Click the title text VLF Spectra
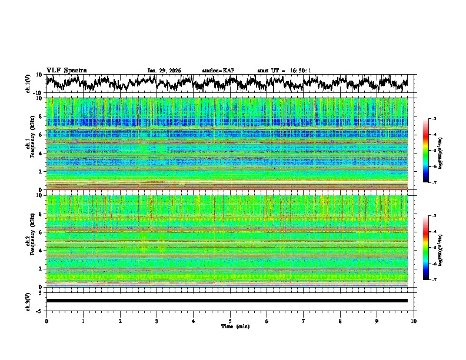point(66,70)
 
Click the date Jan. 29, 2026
point(164,71)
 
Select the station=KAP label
point(218,71)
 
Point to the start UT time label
point(284,71)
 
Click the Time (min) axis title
point(235,326)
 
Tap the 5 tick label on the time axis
point(230,321)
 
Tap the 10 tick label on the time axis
point(414,321)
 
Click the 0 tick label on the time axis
point(46,321)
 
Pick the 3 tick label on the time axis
point(157,321)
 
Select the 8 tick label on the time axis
point(340,321)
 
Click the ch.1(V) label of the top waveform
point(28,84)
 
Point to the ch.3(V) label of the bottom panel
point(28,301)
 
